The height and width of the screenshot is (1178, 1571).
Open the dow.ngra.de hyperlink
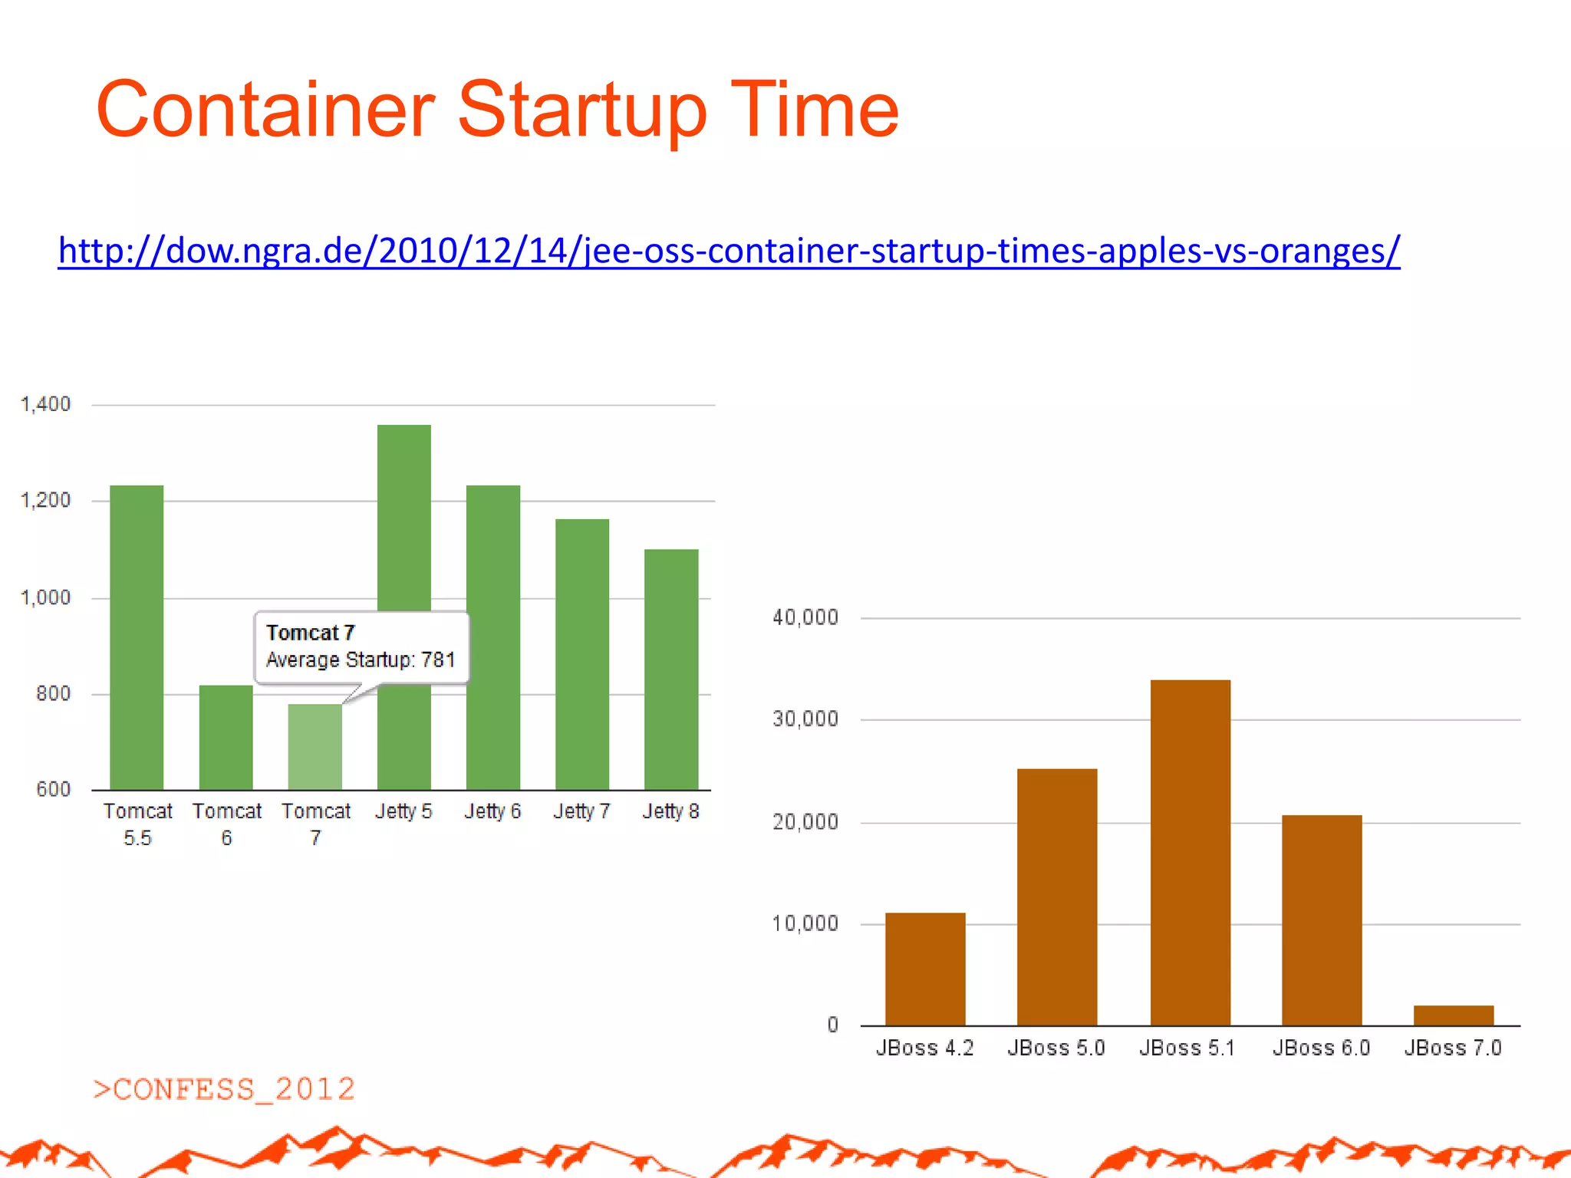(729, 251)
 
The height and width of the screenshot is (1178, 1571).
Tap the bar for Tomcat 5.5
(137, 637)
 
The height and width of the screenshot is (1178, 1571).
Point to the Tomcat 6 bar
(226, 736)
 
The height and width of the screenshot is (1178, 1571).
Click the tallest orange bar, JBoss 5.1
(1190, 851)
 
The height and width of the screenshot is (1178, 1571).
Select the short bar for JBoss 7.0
(1453, 1015)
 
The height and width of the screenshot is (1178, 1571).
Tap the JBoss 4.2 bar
(925, 968)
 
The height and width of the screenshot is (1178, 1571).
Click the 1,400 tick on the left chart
(45, 404)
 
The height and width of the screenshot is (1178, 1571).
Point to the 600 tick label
(53, 789)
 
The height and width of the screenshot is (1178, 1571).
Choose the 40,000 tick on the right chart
(805, 617)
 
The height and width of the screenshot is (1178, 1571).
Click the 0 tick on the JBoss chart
(832, 1025)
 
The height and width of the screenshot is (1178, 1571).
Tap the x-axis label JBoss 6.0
(1321, 1048)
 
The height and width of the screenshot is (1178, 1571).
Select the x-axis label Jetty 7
(581, 811)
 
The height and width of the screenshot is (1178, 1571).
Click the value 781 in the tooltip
(438, 660)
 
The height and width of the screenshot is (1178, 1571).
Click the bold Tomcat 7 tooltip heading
(310, 633)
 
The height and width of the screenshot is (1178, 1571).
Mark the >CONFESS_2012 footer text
(223, 1089)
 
